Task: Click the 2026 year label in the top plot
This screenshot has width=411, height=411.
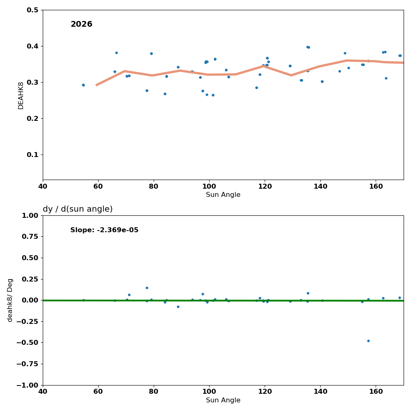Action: (x=81, y=24)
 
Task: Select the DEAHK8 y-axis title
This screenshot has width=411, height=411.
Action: (x=21, y=95)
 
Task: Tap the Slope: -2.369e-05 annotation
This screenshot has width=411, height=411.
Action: (x=104, y=230)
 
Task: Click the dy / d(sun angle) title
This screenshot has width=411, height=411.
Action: (x=78, y=209)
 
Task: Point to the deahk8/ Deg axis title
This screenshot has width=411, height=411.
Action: (x=10, y=300)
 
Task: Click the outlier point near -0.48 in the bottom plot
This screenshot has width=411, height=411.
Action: (x=368, y=341)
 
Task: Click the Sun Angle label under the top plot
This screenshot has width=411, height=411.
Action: (x=223, y=195)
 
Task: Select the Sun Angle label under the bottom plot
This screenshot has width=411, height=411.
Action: (x=223, y=400)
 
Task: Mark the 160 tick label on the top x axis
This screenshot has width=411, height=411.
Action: (x=376, y=186)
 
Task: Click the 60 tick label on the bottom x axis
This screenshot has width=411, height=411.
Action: (x=98, y=392)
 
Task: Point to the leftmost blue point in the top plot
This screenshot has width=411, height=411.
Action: (x=83, y=85)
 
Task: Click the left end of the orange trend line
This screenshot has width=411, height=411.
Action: (x=97, y=85)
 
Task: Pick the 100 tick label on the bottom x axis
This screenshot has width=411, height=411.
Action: (x=209, y=392)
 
